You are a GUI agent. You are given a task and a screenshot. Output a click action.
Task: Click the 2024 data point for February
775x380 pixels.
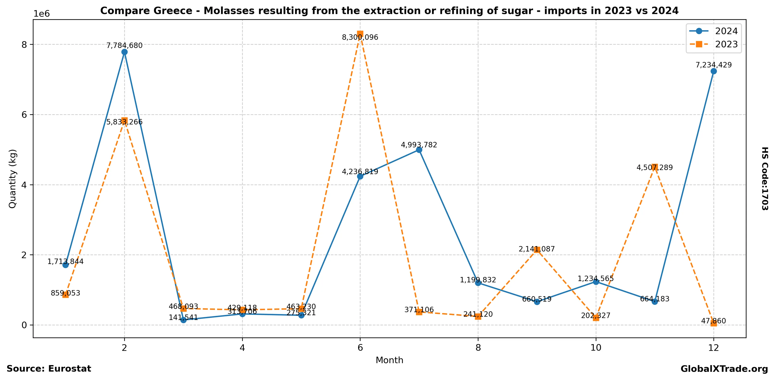point(124,52)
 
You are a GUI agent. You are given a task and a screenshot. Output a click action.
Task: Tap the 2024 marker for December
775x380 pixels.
point(714,71)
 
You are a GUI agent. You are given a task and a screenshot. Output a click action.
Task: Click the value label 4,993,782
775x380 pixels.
point(419,145)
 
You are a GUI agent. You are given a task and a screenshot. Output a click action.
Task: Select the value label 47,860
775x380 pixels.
point(714,321)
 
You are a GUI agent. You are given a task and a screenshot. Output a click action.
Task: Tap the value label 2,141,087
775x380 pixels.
point(537,249)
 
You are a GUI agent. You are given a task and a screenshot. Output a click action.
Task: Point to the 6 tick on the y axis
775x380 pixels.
point(24,115)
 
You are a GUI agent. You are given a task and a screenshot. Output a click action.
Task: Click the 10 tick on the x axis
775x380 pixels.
point(596,348)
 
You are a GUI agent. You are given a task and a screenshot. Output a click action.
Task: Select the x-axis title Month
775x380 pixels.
point(389,360)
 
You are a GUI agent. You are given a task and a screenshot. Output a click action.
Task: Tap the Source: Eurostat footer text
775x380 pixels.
point(49,369)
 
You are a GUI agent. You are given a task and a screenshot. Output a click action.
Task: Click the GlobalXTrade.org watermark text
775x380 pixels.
point(724,369)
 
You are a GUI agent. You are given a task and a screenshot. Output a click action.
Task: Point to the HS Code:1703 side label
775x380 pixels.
point(765,178)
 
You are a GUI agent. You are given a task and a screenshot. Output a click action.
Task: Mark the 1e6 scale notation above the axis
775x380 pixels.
point(42,14)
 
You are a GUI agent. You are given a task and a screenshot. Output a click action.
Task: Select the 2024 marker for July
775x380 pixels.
point(419,150)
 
